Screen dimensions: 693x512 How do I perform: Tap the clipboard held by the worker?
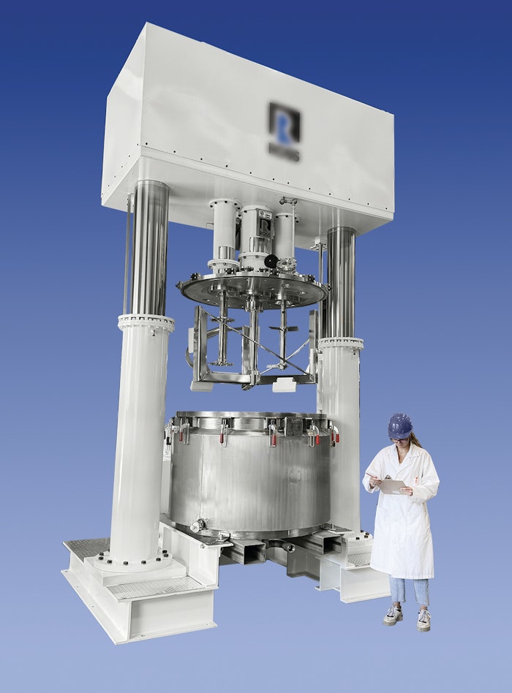393,485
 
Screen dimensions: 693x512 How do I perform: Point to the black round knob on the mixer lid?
271,261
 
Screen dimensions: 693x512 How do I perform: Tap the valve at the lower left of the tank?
197,525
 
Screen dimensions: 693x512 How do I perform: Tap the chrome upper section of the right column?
341,281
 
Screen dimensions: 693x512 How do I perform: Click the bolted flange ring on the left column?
146,322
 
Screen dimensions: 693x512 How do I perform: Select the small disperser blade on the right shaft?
283,328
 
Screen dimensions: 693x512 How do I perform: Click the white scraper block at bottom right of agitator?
284,385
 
